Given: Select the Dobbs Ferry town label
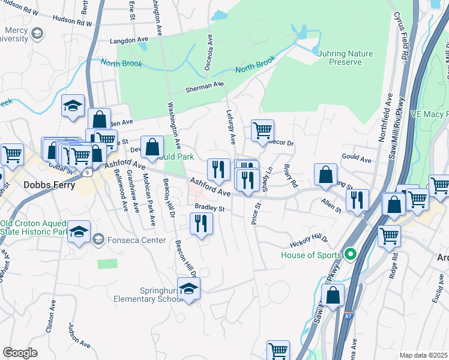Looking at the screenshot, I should tap(49, 185).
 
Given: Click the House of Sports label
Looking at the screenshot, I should tap(311, 255).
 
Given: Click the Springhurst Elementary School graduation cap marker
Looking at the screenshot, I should tap(188, 289).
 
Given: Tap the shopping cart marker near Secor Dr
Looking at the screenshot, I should tap(262, 130).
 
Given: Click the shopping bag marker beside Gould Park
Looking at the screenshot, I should tap(154, 146).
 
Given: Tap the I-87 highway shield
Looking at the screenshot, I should tap(349, 315).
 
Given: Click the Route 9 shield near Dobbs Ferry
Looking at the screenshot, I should tap(88, 173).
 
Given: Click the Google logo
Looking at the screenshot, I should tap(20, 353).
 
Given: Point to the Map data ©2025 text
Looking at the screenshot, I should tap(423, 355).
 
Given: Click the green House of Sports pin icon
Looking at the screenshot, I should tap(353, 254).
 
